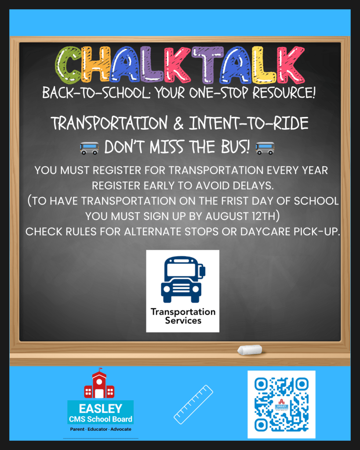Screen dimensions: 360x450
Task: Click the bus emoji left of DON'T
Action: [89, 148]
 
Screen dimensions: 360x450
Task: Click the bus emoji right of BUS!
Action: [265, 148]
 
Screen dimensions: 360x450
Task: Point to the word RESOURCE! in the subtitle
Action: [284, 92]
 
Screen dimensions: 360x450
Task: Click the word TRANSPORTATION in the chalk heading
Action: [109, 124]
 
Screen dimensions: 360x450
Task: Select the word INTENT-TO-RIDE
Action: [248, 124]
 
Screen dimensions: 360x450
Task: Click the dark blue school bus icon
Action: [183, 279]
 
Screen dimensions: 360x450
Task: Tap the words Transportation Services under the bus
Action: [183, 316]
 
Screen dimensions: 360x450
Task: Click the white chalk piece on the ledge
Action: [250, 350]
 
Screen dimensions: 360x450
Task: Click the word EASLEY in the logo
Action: [100, 409]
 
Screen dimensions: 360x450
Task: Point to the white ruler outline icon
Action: [193, 404]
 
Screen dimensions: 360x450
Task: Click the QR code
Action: [281, 404]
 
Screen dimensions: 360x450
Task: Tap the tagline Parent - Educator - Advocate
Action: [101, 429]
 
